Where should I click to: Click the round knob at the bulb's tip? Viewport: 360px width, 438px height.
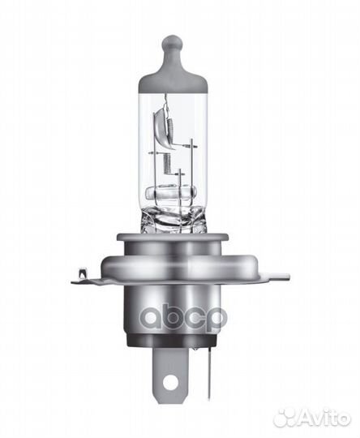(x=173, y=42)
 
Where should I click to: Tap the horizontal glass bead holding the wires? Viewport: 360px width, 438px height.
(x=171, y=192)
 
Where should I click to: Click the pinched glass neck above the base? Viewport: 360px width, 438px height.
(x=174, y=221)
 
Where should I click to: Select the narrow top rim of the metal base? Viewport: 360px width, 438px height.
(x=173, y=238)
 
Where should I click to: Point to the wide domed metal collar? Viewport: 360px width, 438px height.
(x=174, y=266)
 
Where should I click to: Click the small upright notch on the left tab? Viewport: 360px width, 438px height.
(x=83, y=273)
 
